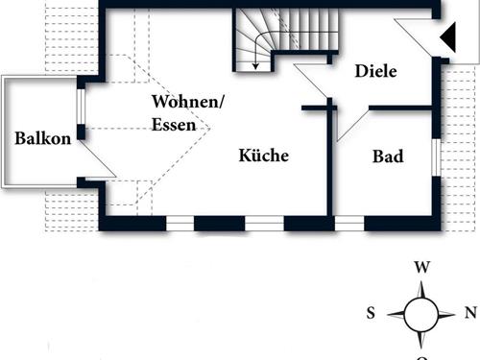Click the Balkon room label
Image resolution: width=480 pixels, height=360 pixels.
pyautogui.click(x=42, y=138)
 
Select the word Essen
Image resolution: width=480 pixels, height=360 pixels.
pyautogui.click(x=173, y=124)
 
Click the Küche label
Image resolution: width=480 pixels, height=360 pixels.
pyautogui.click(x=264, y=156)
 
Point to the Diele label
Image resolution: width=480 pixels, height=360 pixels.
pyautogui.click(x=375, y=70)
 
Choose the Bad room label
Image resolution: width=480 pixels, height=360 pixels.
pyautogui.click(x=387, y=156)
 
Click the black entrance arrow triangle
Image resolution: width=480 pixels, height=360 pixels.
pyautogui.click(x=447, y=39)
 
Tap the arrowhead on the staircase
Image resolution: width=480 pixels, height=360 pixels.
pyautogui.click(x=256, y=65)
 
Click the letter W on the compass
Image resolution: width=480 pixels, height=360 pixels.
pyautogui.click(x=420, y=268)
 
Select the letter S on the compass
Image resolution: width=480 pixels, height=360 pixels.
pyautogui.click(x=371, y=313)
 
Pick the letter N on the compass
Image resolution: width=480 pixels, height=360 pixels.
pyautogui.click(x=470, y=313)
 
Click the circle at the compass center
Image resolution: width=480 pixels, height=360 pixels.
pyautogui.click(x=420, y=313)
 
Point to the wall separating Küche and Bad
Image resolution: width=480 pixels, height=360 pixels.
pyautogui.click(x=333, y=168)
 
